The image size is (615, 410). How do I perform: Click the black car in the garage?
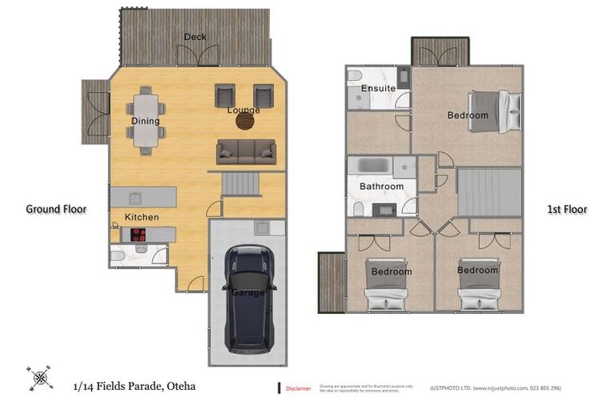click(x=249, y=299)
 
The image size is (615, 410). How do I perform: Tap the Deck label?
click(x=195, y=37)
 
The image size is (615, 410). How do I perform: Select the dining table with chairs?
click(x=146, y=120)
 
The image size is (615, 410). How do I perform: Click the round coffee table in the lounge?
click(x=244, y=122)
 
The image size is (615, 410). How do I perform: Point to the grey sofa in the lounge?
click(x=246, y=151)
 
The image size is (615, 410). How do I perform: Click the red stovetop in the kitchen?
click(x=137, y=235)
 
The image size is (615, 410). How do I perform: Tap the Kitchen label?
click(x=141, y=217)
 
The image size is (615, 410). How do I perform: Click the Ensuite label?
click(x=378, y=88)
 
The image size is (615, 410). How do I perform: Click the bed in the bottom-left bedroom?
click(x=390, y=284)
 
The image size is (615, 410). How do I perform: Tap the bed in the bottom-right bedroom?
click(x=479, y=284)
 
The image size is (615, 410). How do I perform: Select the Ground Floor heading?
click(x=56, y=209)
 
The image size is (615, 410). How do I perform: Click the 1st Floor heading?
click(x=566, y=210)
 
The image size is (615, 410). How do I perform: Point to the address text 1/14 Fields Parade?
click(x=133, y=387)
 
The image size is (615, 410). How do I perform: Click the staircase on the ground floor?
click(x=241, y=185)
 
